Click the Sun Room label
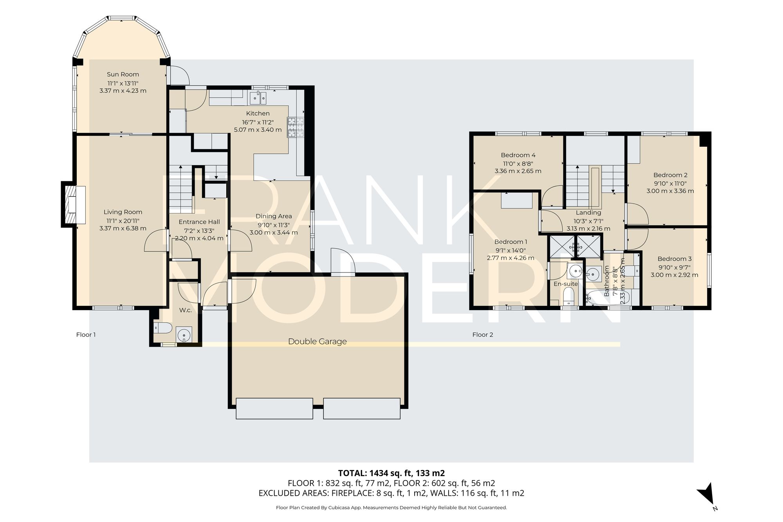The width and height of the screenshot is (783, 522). coord(123,74)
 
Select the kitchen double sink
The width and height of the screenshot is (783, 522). coord(258,98)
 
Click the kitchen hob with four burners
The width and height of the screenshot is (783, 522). coord(296,127)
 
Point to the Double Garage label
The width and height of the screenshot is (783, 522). coord(317,341)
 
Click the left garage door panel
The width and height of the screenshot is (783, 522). coord(274,408)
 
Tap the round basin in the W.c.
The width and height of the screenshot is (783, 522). coord(184,335)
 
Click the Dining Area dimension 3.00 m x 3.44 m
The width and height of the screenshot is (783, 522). coord(274,233)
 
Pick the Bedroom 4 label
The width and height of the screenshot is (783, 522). coord(518,155)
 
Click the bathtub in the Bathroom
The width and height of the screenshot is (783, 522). coord(608,298)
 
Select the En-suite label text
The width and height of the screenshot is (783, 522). coord(565,284)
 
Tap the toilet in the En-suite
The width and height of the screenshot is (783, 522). coord(568,296)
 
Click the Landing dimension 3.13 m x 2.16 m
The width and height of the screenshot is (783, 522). coord(588,229)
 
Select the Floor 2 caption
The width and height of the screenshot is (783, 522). coord(482,334)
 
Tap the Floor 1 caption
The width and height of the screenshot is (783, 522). coord(86,334)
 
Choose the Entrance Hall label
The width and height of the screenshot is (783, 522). coord(199,222)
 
